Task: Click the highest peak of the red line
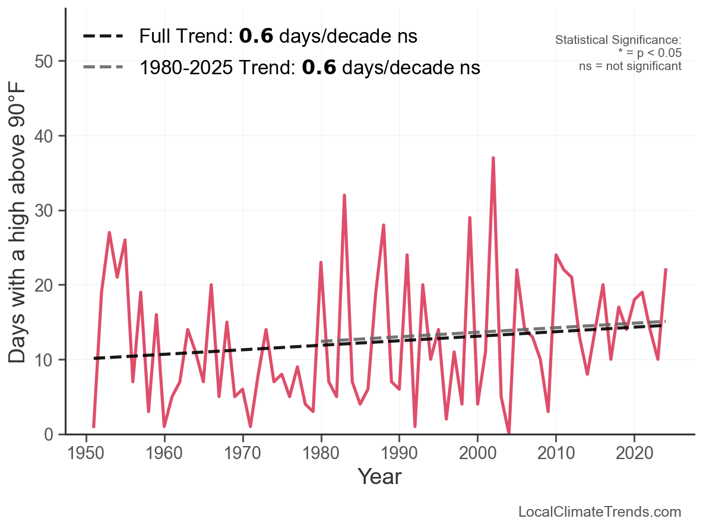tap(493, 158)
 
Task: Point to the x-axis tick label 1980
tap(321, 454)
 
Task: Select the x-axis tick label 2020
tap(634, 454)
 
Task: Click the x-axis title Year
tap(379, 477)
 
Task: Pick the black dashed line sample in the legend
tap(103, 36)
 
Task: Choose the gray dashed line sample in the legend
tap(103, 67)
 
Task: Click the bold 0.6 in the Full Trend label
tap(256, 36)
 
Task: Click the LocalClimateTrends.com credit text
tap(600, 512)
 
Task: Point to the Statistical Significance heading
tap(618, 40)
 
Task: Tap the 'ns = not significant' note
tap(630, 66)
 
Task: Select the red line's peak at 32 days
tap(344, 195)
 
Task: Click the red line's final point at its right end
tap(666, 270)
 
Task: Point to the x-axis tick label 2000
tap(477, 454)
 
